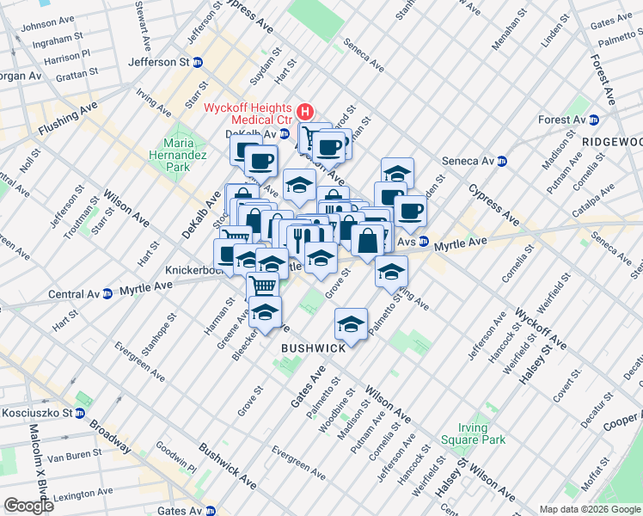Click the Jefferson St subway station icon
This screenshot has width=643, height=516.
pyautogui.click(x=197, y=63)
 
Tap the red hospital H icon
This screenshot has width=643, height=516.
pyautogui.click(x=304, y=112)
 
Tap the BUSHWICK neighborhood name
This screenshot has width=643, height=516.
pyautogui.click(x=314, y=348)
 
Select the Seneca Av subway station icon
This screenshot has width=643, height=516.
pyautogui.click(x=502, y=161)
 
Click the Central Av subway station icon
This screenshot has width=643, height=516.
pyautogui.click(x=107, y=294)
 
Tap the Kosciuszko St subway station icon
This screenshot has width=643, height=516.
pyautogui.click(x=79, y=414)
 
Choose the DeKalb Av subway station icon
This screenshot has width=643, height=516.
pyautogui.click(x=284, y=134)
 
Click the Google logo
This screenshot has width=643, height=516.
pyautogui.click(x=28, y=506)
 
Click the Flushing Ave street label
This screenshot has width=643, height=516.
pyautogui.click(x=68, y=122)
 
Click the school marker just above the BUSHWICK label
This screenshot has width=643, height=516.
pyautogui.click(x=350, y=324)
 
